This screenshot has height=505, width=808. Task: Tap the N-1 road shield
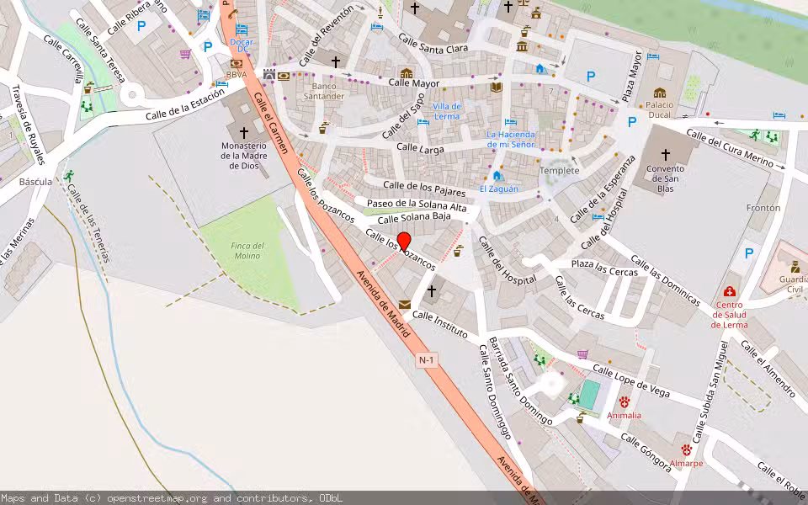tap(428, 360)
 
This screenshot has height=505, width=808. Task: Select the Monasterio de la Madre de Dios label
tap(244, 155)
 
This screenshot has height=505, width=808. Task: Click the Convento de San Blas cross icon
tap(666, 155)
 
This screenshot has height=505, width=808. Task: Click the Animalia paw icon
tap(625, 402)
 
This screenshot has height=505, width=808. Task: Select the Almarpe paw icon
tap(687, 450)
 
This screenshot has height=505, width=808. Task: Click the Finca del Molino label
tap(248, 251)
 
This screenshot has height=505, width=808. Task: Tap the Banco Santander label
tap(328, 91)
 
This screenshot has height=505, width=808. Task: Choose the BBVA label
tap(236, 75)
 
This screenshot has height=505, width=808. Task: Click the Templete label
tap(560, 171)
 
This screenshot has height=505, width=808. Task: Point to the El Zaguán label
tap(496, 189)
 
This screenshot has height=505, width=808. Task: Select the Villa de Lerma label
tap(447, 111)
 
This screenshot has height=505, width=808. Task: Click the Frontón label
tap(763, 208)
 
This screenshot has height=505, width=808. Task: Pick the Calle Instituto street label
tap(439, 324)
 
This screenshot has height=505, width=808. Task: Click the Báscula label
tap(35, 181)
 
